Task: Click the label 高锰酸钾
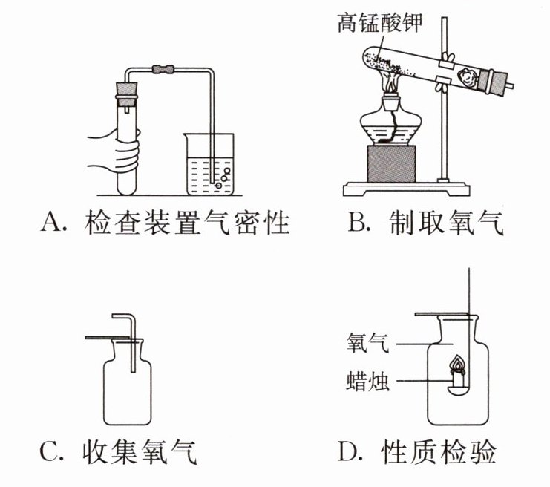pos(379,23)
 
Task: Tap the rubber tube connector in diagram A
pos(163,71)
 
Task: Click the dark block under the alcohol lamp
pos(391,165)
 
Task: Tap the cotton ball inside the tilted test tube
pos(468,75)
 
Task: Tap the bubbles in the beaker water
pos(221,177)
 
